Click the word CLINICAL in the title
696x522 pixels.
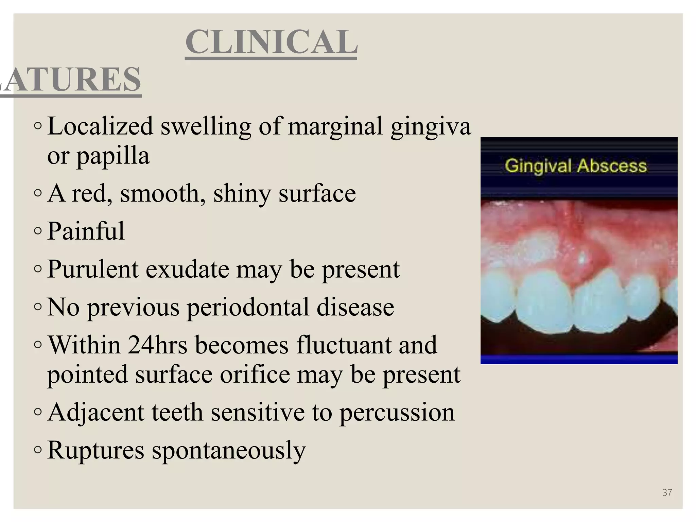point(271,42)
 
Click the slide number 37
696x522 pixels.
point(667,492)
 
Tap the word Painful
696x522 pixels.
point(86,231)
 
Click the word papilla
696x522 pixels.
point(113,156)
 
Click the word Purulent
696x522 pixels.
point(93,269)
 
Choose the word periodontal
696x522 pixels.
point(248,307)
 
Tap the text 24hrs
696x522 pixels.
point(157,345)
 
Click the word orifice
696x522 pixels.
point(255,375)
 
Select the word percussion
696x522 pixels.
point(397,413)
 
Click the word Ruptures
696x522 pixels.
point(96,450)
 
